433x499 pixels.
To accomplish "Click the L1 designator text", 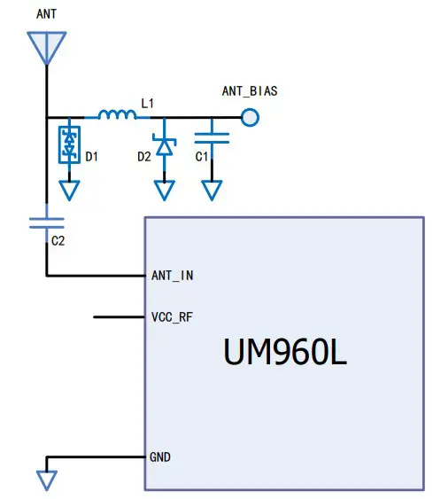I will [x=148, y=104].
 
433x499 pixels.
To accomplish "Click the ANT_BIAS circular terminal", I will [x=251, y=116].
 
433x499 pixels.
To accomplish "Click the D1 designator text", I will [x=92, y=157].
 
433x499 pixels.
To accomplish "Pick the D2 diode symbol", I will [x=164, y=145].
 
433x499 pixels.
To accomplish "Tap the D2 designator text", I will [x=143, y=157].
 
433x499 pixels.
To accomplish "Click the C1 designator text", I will [x=202, y=157].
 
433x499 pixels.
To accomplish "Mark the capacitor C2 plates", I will [x=46, y=222].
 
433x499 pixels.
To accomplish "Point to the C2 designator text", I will [x=58, y=240].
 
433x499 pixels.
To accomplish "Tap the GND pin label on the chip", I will [x=160, y=457].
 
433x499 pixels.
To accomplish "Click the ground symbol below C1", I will [x=212, y=190].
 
